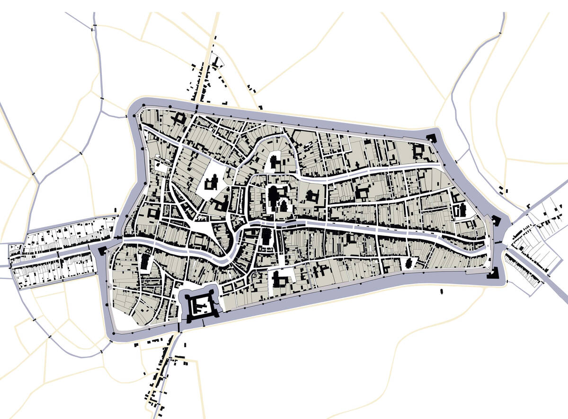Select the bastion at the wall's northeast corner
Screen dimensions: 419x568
[x=431, y=138]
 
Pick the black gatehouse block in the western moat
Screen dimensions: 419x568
[x=102, y=250]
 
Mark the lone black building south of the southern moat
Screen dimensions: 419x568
[x=441, y=291]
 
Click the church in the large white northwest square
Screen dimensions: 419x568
[x=212, y=182]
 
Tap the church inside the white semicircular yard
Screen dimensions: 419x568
[x=275, y=163]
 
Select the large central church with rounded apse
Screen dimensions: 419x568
[x=274, y=195]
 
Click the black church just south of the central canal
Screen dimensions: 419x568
[x=266, y=236]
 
